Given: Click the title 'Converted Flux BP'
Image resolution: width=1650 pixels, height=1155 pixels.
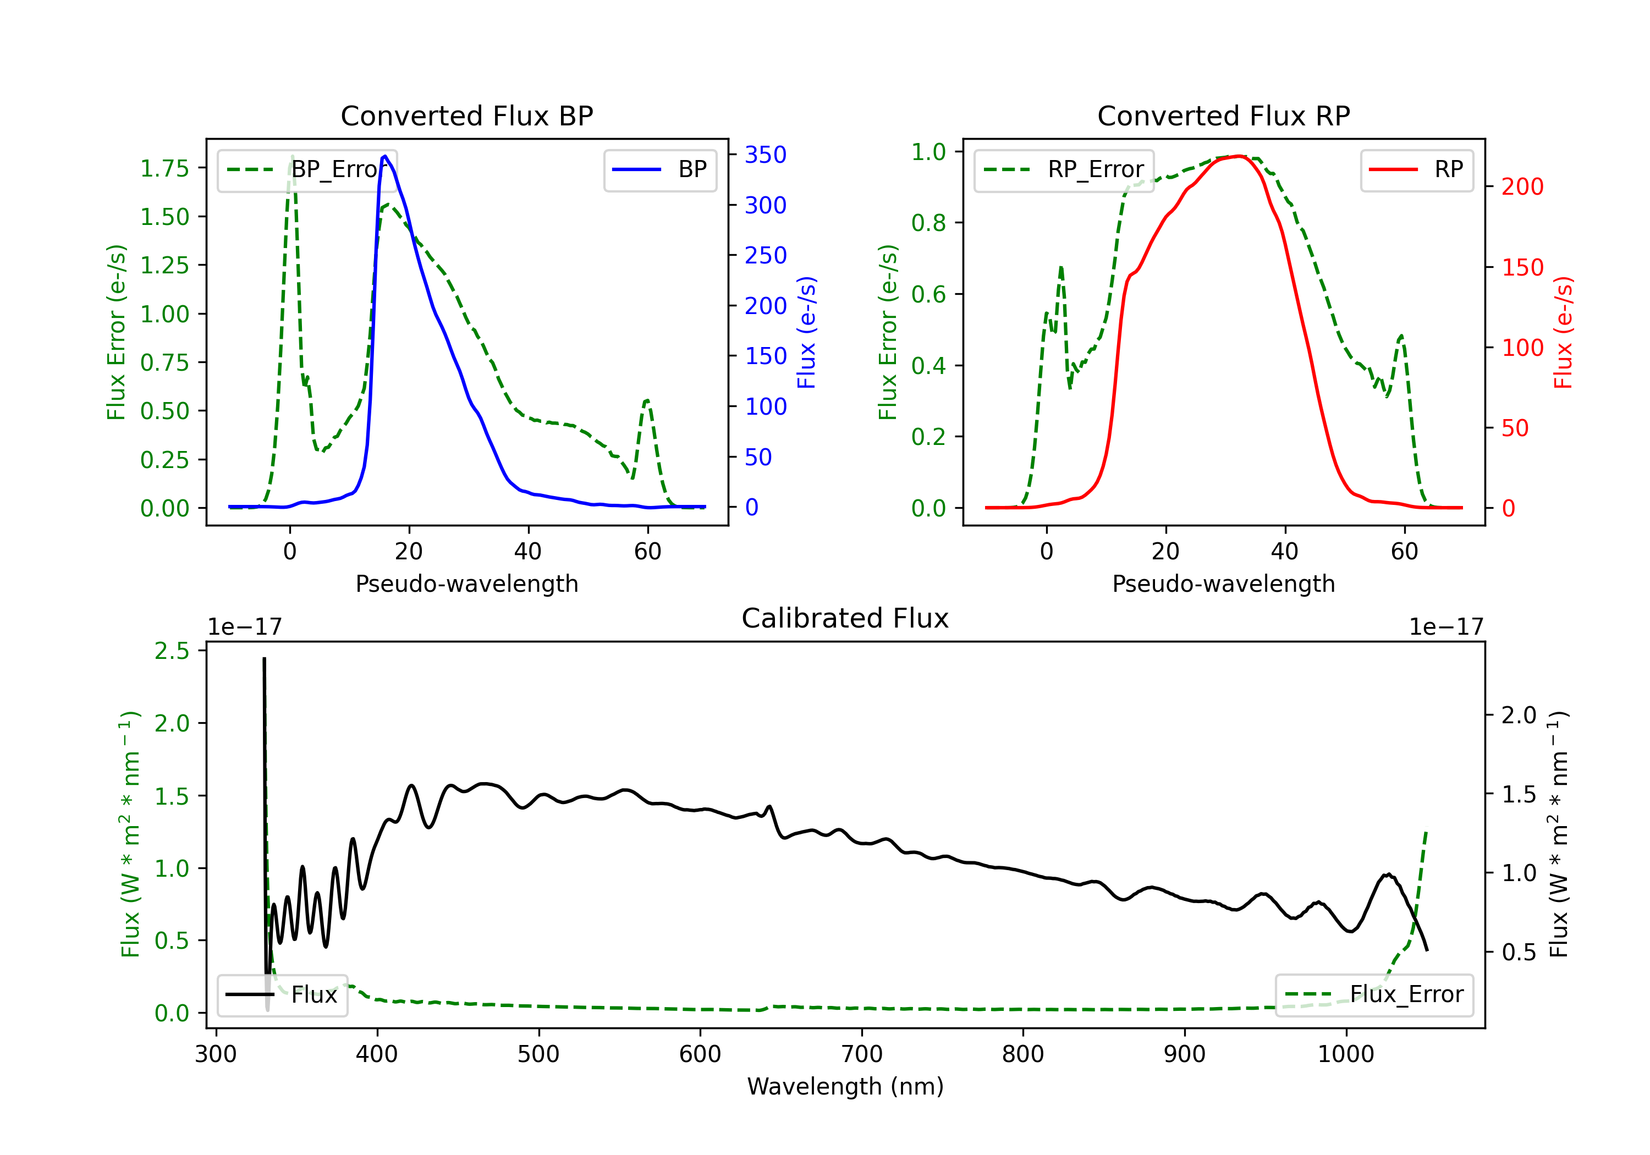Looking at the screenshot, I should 466,116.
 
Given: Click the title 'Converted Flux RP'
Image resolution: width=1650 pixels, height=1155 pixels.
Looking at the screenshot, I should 1223,116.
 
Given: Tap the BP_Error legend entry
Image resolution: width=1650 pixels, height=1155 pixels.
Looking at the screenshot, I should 307,169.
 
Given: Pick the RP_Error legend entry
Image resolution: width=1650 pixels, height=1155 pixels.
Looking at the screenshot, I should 1064,169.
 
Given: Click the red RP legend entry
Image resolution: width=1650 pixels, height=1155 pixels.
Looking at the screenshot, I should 1416,169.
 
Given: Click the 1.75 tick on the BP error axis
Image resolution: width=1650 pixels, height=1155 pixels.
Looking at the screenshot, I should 164,168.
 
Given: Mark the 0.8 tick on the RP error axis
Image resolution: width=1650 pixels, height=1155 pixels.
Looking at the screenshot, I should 928,223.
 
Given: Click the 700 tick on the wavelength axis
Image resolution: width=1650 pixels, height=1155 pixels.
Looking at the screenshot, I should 861,1054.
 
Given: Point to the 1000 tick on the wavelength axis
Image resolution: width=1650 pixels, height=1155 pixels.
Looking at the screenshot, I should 1345,1054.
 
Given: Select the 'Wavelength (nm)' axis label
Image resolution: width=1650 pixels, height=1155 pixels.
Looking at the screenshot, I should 845,1086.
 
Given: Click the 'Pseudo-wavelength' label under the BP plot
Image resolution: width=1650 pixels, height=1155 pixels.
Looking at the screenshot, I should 466,584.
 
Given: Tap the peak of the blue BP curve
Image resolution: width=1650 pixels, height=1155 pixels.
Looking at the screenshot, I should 385,156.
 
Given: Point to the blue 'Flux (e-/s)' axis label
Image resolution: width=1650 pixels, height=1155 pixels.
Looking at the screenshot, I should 806,332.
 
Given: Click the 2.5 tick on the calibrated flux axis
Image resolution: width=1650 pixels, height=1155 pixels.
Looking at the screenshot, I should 172,651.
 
